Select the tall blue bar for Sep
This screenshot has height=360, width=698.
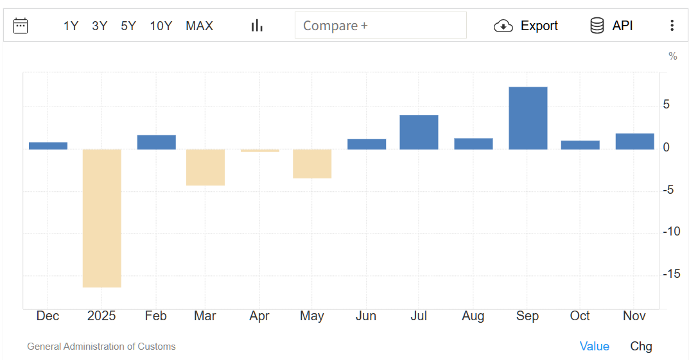(x=528, y=118)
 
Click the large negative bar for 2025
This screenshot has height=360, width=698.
(x=102, y=218)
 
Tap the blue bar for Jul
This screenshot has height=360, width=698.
(x=419, y=132)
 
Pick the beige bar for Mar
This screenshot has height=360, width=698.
(x=205, y=167)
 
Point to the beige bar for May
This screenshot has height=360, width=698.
(x=312, y=164)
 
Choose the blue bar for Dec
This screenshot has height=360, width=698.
(x=48, y=146)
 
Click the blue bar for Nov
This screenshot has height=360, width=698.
(x=634, y=141)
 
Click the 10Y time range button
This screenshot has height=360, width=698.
(x=161, y=26)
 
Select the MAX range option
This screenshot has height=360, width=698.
(x=199, y=26)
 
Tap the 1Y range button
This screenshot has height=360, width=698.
(x=71, y=26)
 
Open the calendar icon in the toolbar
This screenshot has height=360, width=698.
(x=21, y=26)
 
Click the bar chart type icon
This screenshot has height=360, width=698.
(x=257, y=26)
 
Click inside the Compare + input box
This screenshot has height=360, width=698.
(x=380, y=26)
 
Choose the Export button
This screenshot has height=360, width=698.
(x=526, y=26)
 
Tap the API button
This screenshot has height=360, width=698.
(x=611, y=26)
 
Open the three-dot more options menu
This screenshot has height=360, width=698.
(x=672, y=26)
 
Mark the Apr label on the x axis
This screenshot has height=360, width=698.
(x=259, y=316)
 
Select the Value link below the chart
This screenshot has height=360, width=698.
(x=594, y=347)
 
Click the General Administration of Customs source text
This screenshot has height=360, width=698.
(x=101, y=347)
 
